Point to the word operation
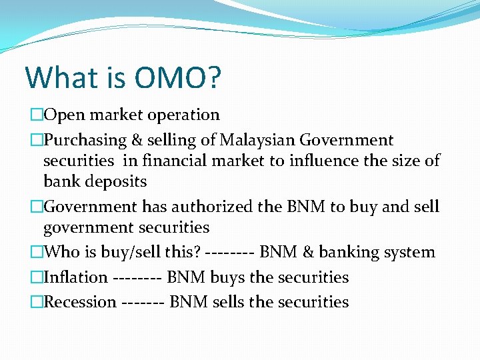[177, 115]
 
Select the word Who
[61, 253]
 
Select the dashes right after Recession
[143, 302]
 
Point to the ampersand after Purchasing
[137, 141]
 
